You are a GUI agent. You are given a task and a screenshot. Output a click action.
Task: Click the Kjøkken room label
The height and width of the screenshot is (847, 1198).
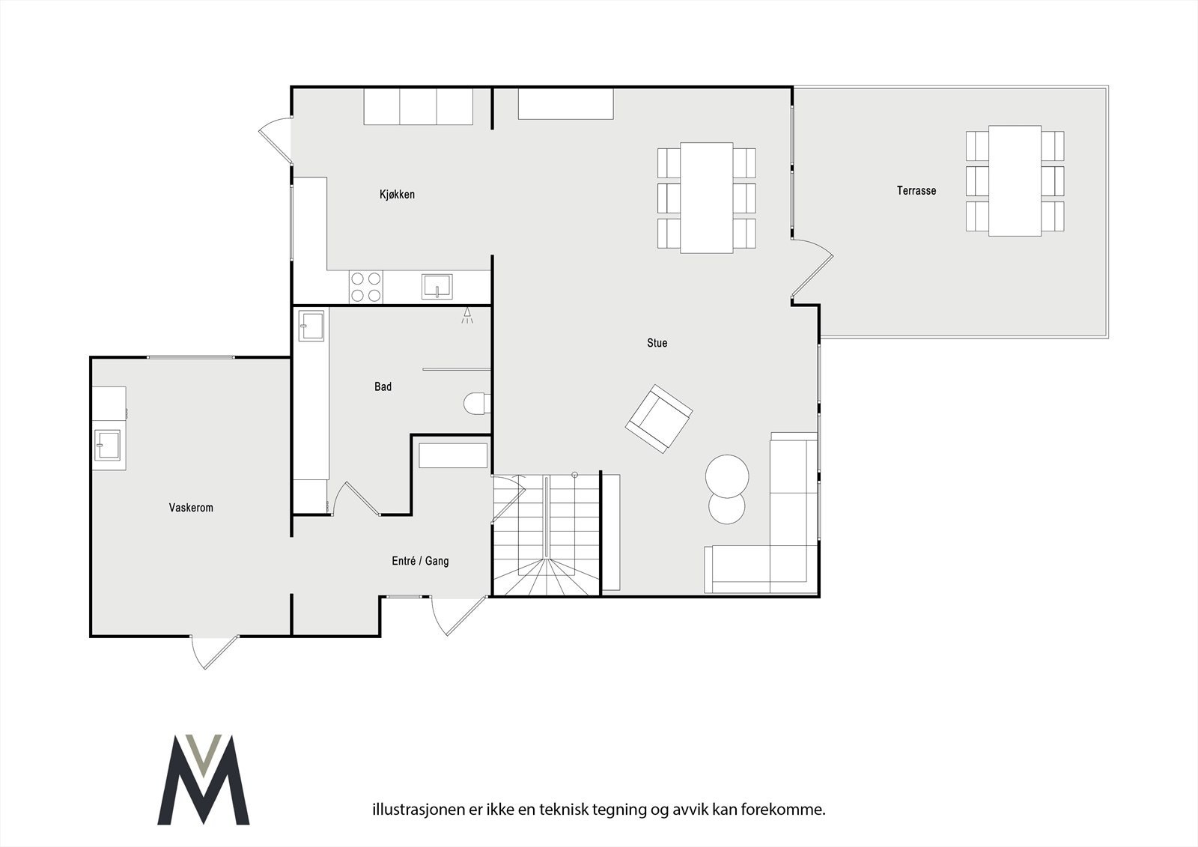point(397,195)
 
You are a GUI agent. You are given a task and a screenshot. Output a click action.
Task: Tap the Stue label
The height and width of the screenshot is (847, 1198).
point(657,343)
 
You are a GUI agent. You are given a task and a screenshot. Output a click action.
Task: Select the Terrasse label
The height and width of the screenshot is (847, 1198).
point(916,191)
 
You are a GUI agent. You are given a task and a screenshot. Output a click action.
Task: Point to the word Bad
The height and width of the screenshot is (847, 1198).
point(383,387)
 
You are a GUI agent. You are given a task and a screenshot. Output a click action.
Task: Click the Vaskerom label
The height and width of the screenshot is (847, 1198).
point(191,508)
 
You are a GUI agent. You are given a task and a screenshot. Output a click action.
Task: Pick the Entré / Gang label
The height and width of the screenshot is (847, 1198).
point(420,561)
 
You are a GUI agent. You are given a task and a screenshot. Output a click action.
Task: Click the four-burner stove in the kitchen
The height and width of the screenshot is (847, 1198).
point(366,287)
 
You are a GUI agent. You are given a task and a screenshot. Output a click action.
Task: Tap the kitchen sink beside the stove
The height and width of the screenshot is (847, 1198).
point(437,286)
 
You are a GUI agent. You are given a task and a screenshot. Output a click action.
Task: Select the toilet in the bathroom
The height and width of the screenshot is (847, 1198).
point(476,404)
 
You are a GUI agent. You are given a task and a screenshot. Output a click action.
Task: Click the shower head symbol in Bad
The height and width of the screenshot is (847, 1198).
point(467,315)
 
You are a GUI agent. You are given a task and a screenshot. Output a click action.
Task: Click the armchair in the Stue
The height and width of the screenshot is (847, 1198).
point(658,419)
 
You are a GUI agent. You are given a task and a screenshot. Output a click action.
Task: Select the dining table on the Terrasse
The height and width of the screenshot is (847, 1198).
point(1015,180)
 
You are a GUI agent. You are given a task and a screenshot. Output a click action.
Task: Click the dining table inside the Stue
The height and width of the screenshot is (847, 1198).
point(706,198)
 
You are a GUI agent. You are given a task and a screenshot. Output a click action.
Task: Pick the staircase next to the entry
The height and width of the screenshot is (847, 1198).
point(547,535)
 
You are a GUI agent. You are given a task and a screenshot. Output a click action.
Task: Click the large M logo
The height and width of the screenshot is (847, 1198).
point(204,780)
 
